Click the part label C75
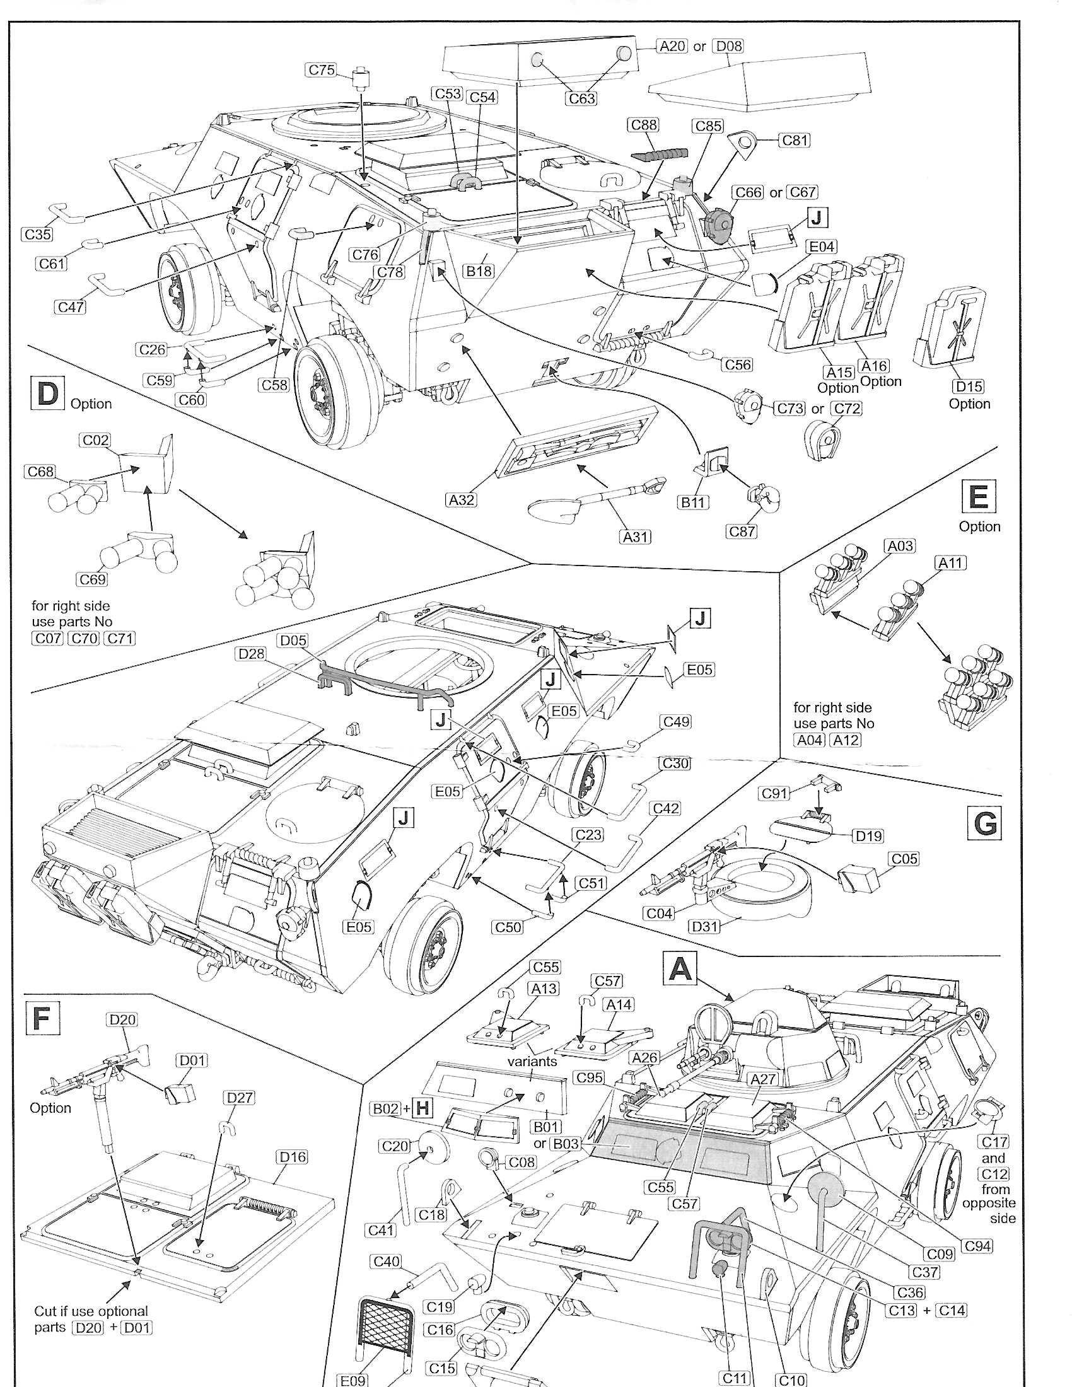point(322,70)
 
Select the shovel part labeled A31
point(594,502)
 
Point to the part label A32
point(462,500)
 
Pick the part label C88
point(644,124)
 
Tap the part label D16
point(292,1157)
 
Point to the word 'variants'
point(532,1061)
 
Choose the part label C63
point(582,98)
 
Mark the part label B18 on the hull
point(479,271)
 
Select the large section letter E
point(979,496)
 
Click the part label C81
point(795,140)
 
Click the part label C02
point(96,440)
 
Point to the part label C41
point(382,1230)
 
